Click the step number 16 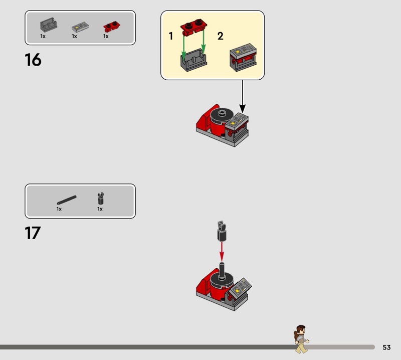33,60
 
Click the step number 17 33,233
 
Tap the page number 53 386,347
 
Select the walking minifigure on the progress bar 301,339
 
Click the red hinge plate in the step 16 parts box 111,27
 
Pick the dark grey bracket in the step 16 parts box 48,25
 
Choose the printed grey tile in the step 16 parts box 80,27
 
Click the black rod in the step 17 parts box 67,200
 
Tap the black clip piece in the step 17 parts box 101,198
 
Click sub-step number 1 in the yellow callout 171,36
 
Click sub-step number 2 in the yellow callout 220,36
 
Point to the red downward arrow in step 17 222,252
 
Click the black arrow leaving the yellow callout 243,96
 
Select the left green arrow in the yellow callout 183,46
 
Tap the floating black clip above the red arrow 222,231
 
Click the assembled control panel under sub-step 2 243,57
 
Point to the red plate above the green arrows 194,28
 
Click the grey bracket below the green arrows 193,60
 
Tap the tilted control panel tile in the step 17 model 240,288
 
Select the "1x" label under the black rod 59,209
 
